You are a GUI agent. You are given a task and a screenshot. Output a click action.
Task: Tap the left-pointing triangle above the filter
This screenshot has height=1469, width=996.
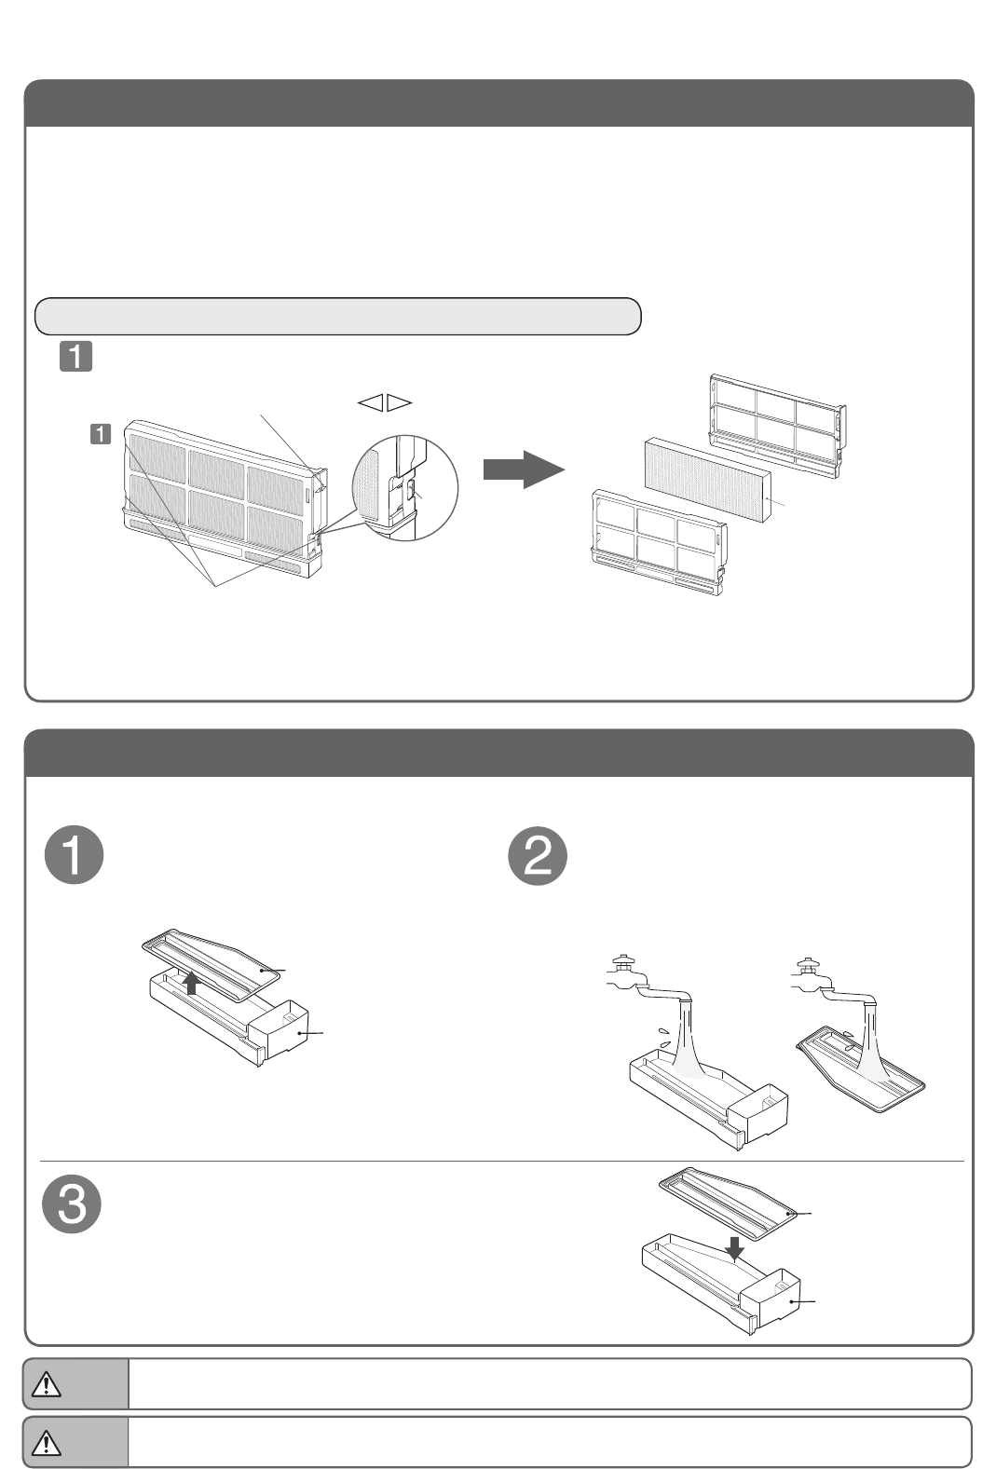coord(370,402)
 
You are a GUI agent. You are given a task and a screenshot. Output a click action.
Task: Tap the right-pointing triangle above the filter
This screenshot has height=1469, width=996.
coord(400,402)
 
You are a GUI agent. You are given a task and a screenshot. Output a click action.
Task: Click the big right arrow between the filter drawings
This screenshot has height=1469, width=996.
coord(523,469)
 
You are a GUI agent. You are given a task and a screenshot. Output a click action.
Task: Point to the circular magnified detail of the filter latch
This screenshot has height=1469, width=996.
coord(405,487)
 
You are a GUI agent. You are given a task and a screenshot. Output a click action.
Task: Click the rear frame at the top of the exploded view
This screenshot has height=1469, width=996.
coord(779,418)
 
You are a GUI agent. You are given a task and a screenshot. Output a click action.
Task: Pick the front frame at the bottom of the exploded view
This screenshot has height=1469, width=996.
coord(660,541)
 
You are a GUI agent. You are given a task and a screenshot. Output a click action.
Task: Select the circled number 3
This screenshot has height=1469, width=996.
coord(73,1205)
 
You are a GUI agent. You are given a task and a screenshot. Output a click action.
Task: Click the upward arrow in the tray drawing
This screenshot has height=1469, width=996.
coord(191,983)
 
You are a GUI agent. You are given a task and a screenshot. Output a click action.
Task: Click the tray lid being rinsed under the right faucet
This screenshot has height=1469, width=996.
coord(862,1071)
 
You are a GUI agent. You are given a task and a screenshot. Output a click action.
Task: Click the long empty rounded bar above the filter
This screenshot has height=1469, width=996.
coord(337,316)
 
